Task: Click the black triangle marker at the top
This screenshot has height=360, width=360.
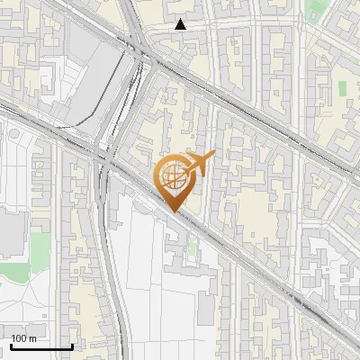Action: [x=181, y=24]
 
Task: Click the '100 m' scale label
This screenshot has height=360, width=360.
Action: [x=22, y=338]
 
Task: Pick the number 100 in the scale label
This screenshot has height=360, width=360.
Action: [x=19, y=338]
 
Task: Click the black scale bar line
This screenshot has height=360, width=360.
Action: [x=40, y=346]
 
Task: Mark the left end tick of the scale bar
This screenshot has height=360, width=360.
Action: [x=10, y=345]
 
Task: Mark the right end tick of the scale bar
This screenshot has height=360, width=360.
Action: [x=72, y=345]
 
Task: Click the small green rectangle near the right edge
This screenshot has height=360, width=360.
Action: [x=342, y=88]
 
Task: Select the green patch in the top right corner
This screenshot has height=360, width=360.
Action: [x=315, y=11]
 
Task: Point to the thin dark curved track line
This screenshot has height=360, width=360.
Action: [x=90, y=117]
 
